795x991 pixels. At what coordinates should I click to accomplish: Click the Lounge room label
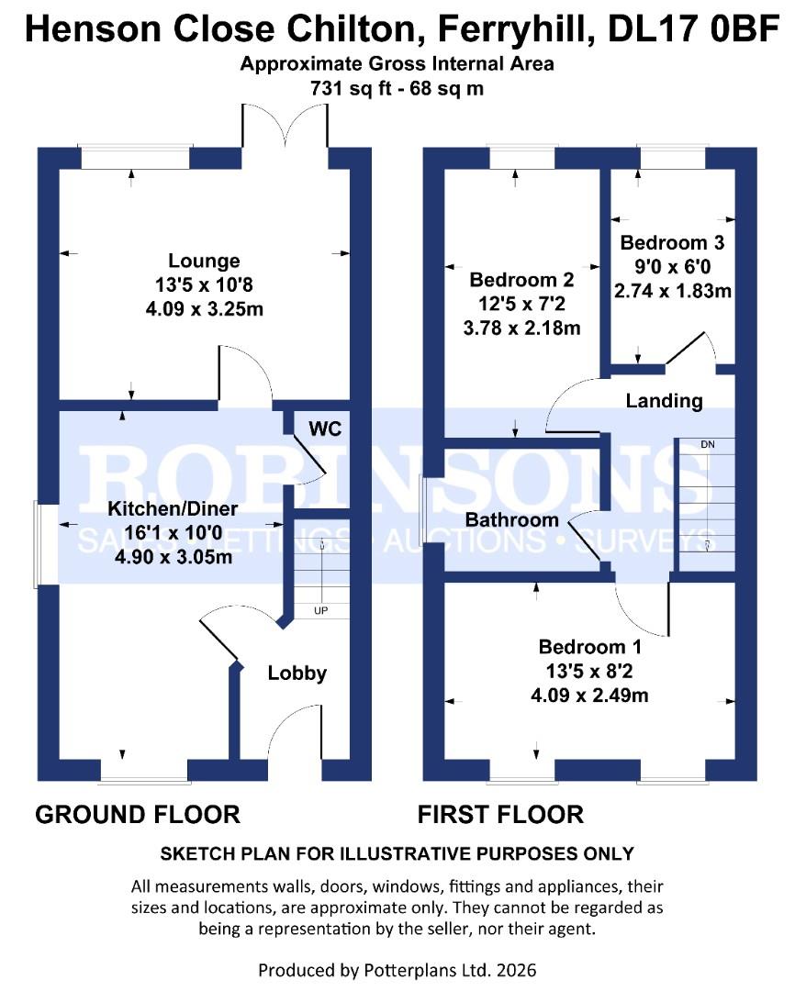[204, 262]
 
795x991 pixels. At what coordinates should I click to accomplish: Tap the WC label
[324, 429]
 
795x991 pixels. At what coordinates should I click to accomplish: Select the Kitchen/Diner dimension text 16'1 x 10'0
[173, 533]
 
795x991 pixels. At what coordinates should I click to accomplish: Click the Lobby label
[297, 674]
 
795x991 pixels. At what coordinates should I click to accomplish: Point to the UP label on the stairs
[321, 610]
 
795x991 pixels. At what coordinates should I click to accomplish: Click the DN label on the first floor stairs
[707, 445]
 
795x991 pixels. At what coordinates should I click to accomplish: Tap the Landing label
[664, 401]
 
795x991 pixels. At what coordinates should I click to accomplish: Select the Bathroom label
[511, 520]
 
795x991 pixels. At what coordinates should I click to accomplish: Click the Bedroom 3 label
[672, 243]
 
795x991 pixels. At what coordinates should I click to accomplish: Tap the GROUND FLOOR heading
[138, 814]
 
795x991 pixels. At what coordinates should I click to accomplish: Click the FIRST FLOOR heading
[500, 814]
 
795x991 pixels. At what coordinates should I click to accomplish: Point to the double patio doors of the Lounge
[286, 128]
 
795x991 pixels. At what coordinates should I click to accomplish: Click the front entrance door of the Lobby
[296, 734]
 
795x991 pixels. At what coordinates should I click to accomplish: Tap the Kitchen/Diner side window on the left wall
[37, 544]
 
